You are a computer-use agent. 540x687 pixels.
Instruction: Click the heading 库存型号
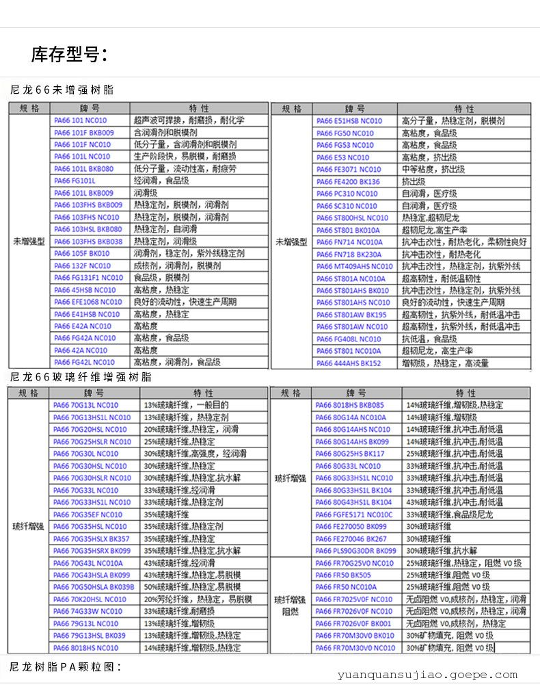point(68,54)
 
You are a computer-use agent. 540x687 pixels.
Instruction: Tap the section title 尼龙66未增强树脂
point(62,90)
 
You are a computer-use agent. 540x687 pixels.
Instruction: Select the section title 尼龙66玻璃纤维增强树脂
point(81,377)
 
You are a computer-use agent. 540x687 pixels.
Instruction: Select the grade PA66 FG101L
point(75,181)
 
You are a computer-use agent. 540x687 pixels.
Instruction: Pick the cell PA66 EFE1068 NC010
point(87,302)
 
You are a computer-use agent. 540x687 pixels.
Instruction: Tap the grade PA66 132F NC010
point(82,265)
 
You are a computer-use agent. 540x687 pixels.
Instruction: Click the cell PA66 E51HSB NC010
point(349,121)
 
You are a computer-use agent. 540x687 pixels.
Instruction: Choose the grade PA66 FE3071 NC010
point(348,170)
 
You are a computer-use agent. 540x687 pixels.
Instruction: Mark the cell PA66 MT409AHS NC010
point(354,266)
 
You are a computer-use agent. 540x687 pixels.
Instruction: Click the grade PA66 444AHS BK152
point(348,363)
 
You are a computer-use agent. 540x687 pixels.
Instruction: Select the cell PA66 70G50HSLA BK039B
point(94,587)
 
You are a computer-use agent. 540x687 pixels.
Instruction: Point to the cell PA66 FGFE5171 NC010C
point(354,515)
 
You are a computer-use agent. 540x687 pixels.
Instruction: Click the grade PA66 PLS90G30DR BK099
point(355,551)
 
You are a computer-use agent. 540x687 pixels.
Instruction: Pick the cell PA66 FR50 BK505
point(343,575)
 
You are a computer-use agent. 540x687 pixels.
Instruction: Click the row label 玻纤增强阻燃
point(290,606)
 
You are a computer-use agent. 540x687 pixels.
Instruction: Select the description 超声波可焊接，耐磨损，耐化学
point(189,120)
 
